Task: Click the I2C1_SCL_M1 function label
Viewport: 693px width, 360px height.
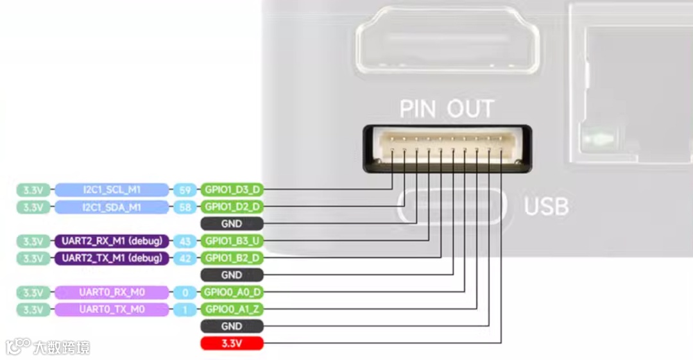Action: click(x=112, y=190)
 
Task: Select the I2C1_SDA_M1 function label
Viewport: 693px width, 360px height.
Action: click(x=112, y=207)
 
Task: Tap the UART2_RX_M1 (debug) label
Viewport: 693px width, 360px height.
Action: click(x=112, y=241)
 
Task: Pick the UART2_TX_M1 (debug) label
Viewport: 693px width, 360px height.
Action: click(x=112, y=259)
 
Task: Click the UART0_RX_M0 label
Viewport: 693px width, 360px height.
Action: click(x=112, y=293)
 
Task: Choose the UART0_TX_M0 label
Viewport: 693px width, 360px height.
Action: click(x=112, y=310)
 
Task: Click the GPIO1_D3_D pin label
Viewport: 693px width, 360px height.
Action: click(x=232, y=190)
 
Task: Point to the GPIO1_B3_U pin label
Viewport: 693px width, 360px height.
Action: click(x=232, y=241)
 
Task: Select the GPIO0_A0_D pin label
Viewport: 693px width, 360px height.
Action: click(x=232, y=293)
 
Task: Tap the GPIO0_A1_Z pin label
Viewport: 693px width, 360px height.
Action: click(x=232, y=310)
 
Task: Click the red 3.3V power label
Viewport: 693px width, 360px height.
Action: click(x=232, y=344)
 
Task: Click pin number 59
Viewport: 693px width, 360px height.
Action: click(x=185, y=190)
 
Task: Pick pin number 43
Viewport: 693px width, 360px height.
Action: click(x=185, y=241)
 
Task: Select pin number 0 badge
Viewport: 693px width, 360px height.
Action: click(x=185, y=293)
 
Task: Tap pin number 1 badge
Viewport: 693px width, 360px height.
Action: click(x=185, y=310)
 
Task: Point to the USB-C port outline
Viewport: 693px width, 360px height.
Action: click(x=452, y=207)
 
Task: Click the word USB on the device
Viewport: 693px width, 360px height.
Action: click(x=546, y=207)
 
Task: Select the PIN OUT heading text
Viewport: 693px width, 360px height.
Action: click(x=447, y=108)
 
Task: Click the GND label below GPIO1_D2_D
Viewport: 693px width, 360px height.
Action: click(x=232, y=224)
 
